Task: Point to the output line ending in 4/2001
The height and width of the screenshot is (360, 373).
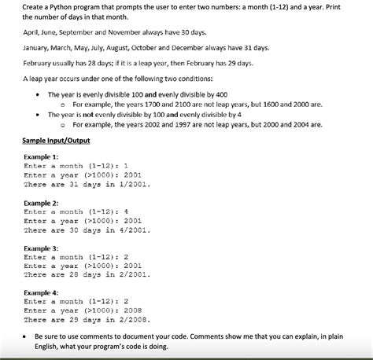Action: click(x=87, y=230)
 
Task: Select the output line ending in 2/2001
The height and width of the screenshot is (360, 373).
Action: click(x=87, y=276)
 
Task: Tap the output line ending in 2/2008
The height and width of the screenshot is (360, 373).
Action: click(x=87, y=320)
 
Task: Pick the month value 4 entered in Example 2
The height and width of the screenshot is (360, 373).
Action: click(x=126, y=211)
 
